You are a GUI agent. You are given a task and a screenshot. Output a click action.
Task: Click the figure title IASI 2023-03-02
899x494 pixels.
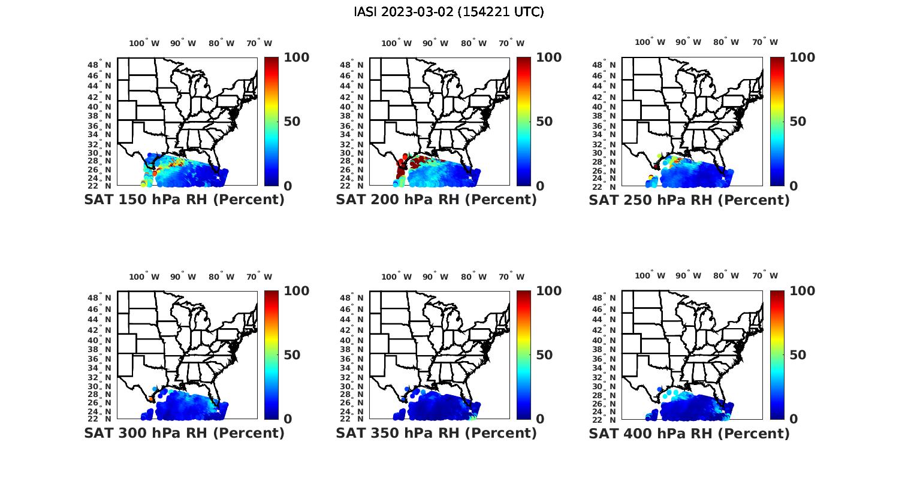pyautogui.click(x=449, y=12)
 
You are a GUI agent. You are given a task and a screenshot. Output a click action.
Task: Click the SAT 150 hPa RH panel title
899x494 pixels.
pyautogui.click(x=185, y=200)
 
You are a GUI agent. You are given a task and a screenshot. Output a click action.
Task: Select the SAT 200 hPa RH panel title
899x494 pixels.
pyautogui.click(x=436, y=200)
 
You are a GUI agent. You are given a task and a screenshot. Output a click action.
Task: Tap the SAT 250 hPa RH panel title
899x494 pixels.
pyautogui.click(x=689, y=200)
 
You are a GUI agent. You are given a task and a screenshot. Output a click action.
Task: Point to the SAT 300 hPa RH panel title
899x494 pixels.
pyautogui.click(x=185, y=433)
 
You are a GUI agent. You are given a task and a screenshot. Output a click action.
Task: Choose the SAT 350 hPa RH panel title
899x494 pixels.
pyautogui.click(x=436, y=433)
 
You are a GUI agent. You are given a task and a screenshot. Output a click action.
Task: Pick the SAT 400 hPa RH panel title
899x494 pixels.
pyautogui.click(x=689, y=433)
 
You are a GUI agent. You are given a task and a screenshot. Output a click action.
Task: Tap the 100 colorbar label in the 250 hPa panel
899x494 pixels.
pyautogui.click(x=802, y=57)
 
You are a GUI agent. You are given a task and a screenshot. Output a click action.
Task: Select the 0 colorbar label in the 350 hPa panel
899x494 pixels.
pyautogui.click(x=540, y=419)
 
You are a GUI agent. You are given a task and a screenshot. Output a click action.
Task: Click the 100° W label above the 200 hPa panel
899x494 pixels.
pyautogui.click(x=397, y=43)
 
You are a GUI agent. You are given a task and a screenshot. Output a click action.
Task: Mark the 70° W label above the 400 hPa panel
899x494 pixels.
pyautogui.click(x=765, y=276)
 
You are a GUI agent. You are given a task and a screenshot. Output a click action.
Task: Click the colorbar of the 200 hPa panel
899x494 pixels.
pyautogui.click(x=524, y=122)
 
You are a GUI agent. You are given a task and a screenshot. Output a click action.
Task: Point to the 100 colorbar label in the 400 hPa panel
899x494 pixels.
pyautogui.click(x=802, y=291)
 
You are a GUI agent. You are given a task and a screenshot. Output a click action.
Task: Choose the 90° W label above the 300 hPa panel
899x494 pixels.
pyautogui.click(x=183, y=277)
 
